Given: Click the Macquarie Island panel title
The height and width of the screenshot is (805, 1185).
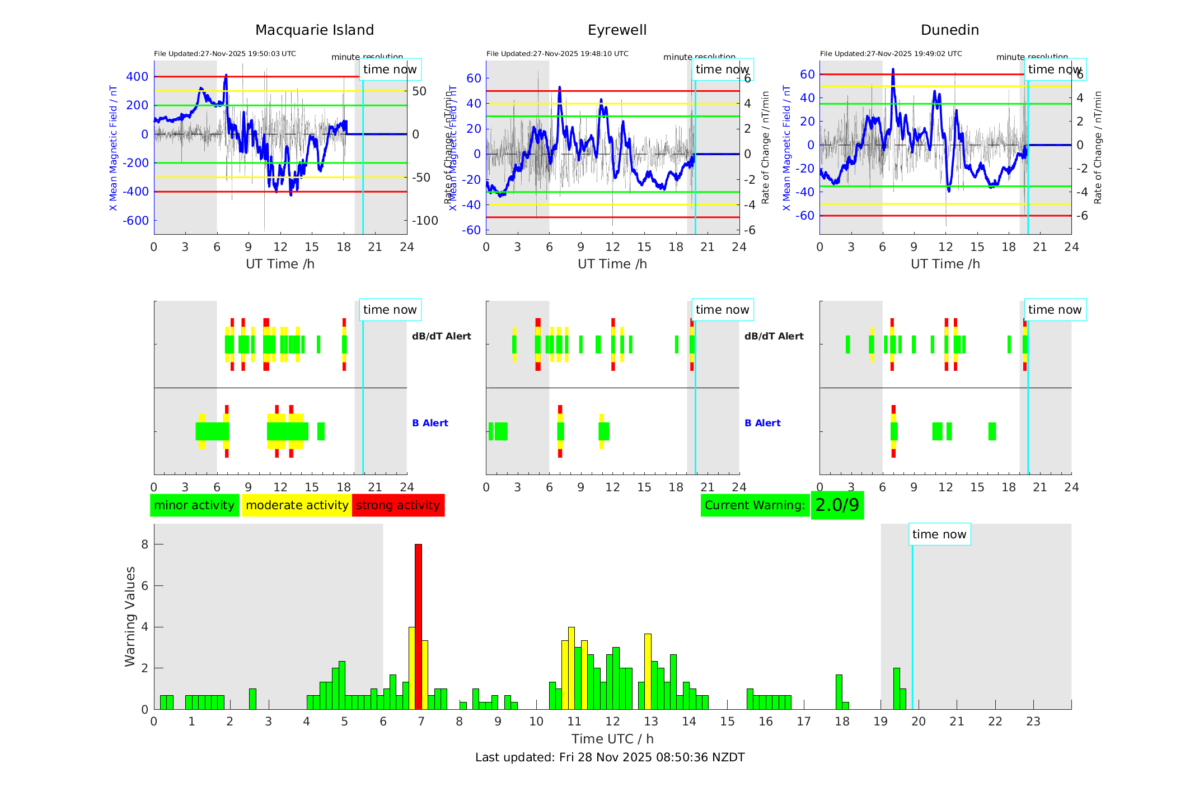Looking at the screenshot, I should point(314,30).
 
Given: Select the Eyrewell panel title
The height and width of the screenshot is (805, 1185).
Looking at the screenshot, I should point(617,30).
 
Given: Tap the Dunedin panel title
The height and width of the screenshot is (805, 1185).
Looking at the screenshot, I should point(949,30).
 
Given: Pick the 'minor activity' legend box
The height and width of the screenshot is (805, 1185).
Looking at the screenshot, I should point(194,505).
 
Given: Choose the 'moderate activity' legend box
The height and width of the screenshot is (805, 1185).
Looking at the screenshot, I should point(297,505).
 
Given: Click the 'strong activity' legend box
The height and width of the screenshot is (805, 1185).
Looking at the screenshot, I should point(398,505).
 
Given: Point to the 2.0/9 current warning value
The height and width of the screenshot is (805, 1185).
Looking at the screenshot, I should point(837,505).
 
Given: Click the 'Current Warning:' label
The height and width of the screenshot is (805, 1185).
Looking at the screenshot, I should point(755,505).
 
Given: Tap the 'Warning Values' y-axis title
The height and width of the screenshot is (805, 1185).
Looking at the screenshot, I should point(130,616).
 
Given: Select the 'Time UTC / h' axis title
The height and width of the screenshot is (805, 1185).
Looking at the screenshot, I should point(612,739).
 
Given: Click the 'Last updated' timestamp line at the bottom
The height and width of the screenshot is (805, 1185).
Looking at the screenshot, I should point(610,757).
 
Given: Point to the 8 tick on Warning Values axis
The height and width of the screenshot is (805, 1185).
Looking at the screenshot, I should point(144,545).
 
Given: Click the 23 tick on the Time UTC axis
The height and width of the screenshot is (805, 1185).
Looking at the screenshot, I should point(1033,722).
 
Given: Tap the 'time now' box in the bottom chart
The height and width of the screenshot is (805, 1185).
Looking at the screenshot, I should point(939,534).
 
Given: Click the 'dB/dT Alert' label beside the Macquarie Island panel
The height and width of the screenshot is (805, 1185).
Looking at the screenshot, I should point(441,336).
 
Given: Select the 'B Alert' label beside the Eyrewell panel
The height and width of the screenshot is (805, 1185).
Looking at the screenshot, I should point(762,423).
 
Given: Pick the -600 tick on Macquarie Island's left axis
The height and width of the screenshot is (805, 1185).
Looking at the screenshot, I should point(135,221).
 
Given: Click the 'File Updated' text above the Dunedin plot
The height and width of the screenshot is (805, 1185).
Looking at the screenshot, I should point(891,54).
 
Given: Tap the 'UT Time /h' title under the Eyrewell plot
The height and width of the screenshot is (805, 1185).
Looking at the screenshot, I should point(612,264).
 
